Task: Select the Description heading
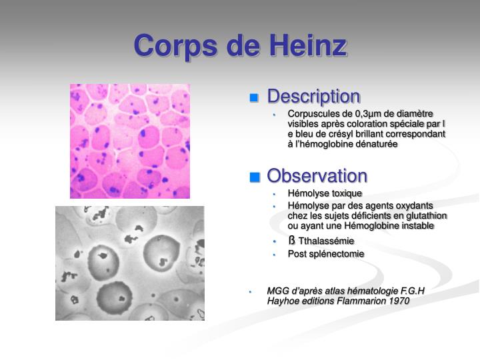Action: point(313,97)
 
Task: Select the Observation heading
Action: point(317,176)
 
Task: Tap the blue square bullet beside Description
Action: point(254,98)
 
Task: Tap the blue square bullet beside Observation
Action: point(254,177)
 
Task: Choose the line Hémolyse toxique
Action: point(325,193)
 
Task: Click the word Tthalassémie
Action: point(327,241)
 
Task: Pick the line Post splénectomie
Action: point(326,254)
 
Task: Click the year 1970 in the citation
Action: point(398,301)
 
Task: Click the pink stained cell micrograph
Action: point(129,141)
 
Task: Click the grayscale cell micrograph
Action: point(129,263)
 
